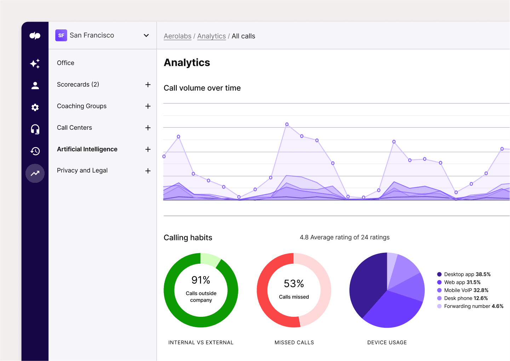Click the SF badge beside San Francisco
(61, 35)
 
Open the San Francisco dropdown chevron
(146, 35)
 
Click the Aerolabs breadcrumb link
(177, 36)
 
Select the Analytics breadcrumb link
(211, 36)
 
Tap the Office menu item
(65, 63)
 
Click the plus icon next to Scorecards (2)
(148, 85)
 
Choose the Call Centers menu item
(74, 128)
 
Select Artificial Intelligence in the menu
(87, 149)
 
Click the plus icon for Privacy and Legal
(148, 171)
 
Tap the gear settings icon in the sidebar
(35, 107)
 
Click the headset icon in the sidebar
(35, 129)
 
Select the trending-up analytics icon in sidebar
(35, 173)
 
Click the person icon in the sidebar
(35, 86)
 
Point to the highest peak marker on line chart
(287, 124)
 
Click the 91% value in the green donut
(201, 280)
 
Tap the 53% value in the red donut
(294, 284)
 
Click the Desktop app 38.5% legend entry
(464, 274)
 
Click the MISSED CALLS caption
(294, 343)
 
